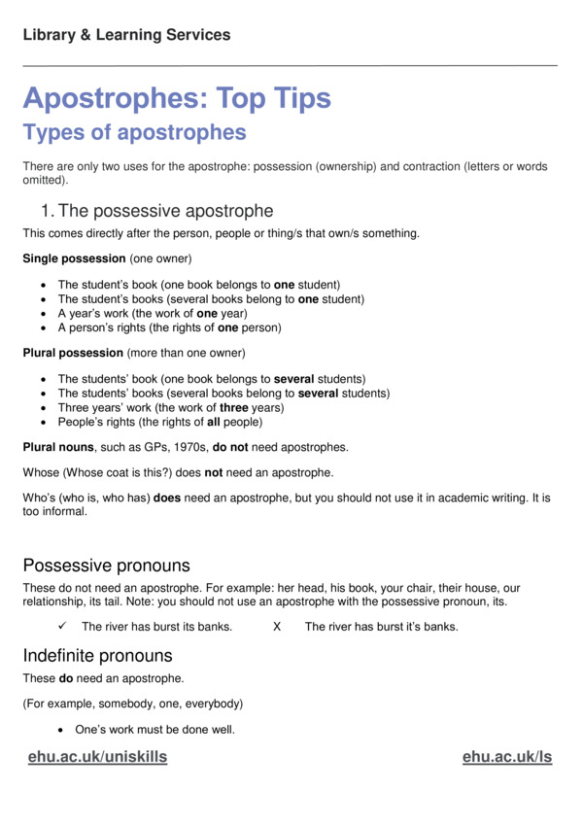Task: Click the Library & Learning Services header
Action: [126, 35]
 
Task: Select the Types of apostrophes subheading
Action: [134, 131]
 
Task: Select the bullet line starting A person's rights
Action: [169, 328]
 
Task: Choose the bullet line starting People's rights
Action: [159, 423]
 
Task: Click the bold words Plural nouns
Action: [59, 450]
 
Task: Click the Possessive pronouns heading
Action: [106, 566]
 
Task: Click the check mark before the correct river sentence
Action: [62, 627]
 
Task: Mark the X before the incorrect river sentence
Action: [277, 627]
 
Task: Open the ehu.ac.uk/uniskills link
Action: [97, 757]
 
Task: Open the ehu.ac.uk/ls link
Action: [507, 757]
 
